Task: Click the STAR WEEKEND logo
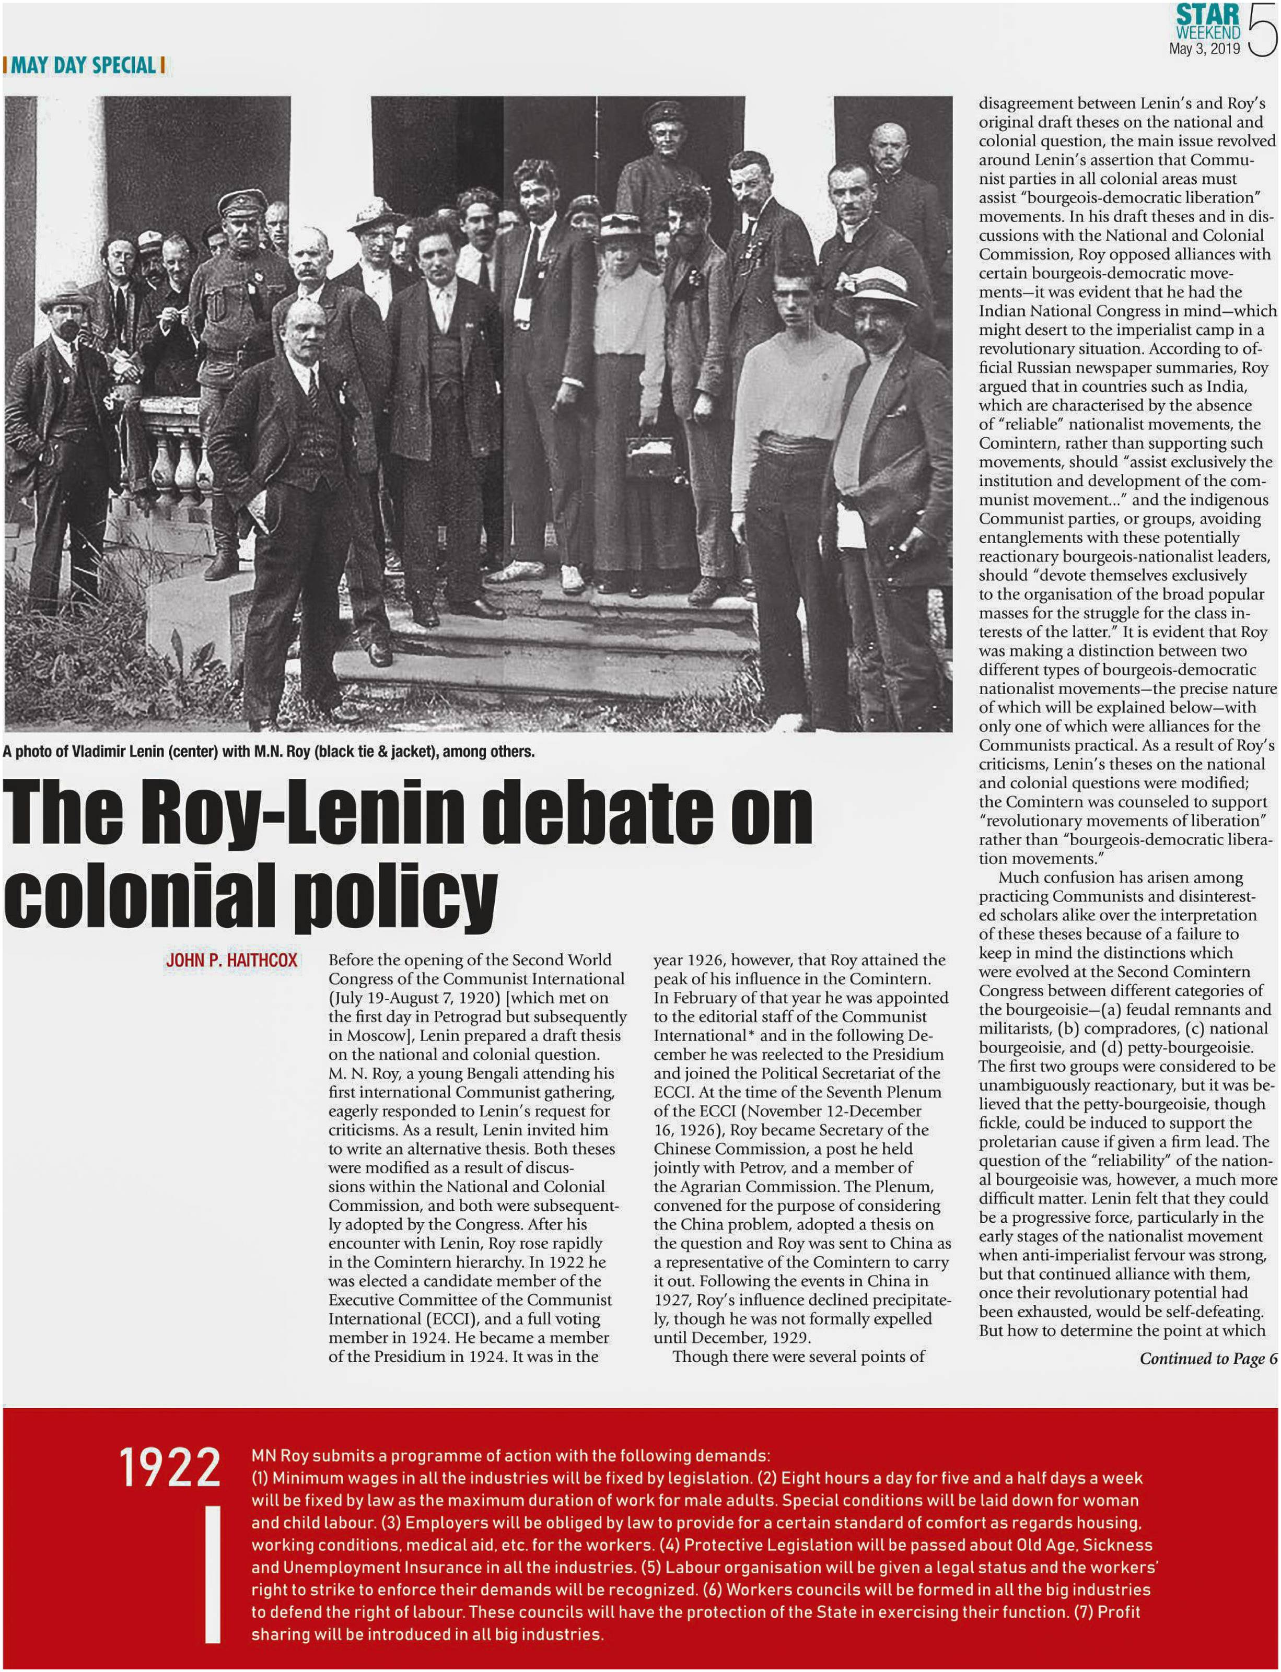coord(1208,22)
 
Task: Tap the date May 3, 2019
coord(1204,49)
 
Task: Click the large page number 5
coord(1262,30)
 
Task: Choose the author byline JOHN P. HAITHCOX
coord(231,960)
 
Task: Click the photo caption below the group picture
coord(269,752)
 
